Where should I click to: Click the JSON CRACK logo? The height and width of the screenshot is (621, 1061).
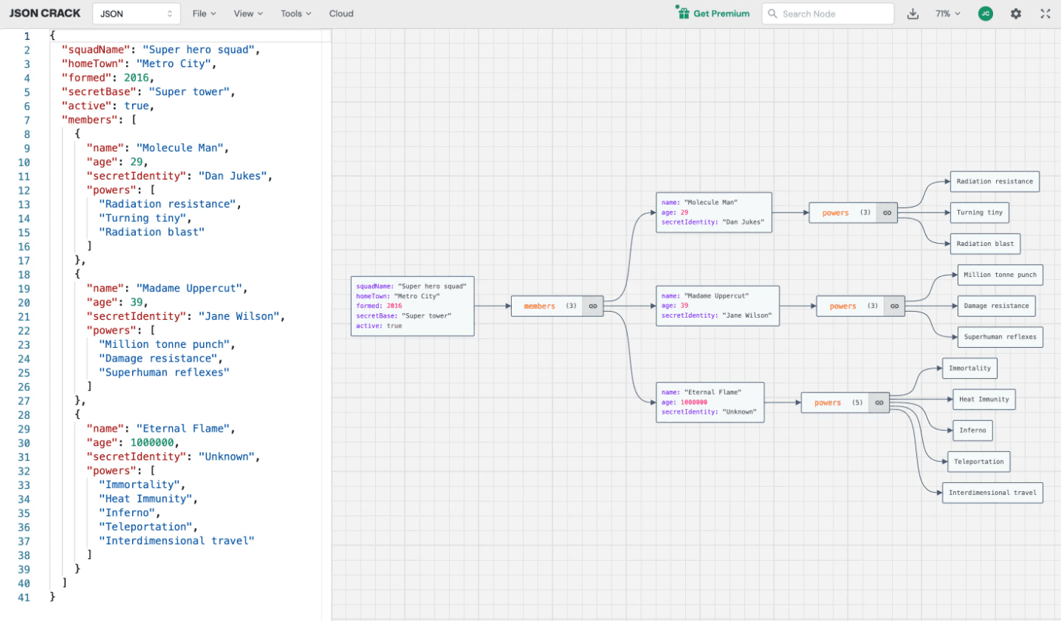pos(45,14)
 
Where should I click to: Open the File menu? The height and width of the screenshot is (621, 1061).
pos(205,14)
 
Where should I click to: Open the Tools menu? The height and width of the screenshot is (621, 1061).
pos(296,14)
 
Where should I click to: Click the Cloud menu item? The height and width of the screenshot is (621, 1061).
pos(341,14)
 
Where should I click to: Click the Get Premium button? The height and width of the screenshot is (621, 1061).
pos(712,14)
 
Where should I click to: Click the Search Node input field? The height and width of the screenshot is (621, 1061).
pos(828,14)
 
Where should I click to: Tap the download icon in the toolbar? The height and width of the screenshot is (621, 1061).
pos(913,14)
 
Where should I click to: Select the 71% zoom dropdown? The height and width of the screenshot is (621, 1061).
pos(947,14)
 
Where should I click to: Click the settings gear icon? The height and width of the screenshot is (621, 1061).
pos(1016,14)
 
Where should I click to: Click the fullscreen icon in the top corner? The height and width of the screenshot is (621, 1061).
pos(1045,14)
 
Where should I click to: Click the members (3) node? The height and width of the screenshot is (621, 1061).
pos(557,306)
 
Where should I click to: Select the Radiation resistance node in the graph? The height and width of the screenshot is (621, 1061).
pos(995,181)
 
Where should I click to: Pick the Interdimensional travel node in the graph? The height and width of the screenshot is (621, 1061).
pos(992,493)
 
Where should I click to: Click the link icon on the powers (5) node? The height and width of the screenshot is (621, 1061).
pos(879,403)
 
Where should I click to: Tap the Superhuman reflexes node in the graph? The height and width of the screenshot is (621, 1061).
pos(1000,337)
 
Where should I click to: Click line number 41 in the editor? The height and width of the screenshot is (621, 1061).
pos(24,598)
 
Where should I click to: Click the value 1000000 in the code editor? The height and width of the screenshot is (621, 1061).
pos(152,442)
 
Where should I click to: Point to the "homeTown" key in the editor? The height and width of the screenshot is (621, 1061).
pos(96,63)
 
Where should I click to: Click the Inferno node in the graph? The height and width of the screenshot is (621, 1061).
pos(973,430)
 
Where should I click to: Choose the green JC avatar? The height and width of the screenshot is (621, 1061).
pos(986,14)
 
